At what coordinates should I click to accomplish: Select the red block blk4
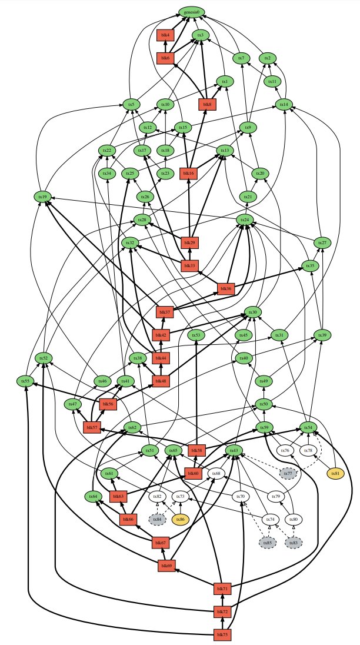(165, 35)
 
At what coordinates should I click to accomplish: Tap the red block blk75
(221, 634)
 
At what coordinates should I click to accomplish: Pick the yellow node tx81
(336, 473)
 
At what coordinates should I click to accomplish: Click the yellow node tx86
(181, 519)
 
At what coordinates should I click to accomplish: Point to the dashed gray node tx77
(287, 473)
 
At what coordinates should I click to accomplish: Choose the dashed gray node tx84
(157, 519)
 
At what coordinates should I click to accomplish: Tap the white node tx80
(294, 519)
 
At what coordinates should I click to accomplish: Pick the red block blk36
(225, 288)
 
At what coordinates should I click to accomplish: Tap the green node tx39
(322, 335)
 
